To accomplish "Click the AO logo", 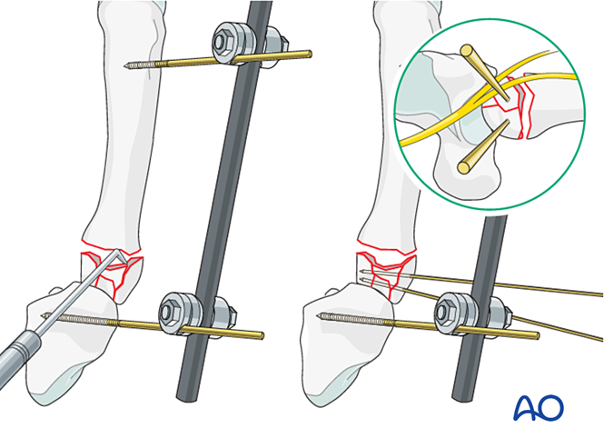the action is (x=538, y=407).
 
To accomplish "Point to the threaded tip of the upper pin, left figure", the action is (x=126, y=66).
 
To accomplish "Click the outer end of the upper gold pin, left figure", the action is (x=310, y=54).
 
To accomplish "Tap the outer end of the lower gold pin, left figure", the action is (x=262, y=335).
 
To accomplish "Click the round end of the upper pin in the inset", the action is (x=467, y=51).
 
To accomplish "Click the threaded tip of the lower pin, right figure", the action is (x=320, y=316).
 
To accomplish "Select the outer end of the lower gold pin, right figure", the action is (x=537, y=336).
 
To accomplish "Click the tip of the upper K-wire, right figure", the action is (x=361, y=272).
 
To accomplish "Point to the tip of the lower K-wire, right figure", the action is (x=361, y=279).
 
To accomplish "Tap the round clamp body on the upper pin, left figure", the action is (x=234, y=41).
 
